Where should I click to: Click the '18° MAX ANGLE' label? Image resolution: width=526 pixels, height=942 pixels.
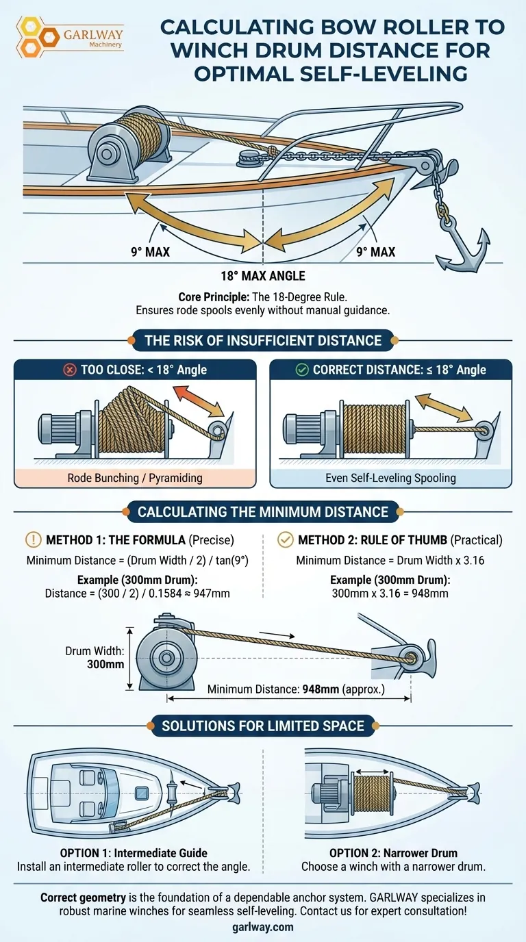pos(263,277)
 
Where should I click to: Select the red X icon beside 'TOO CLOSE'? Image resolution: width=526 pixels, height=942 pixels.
pos(69,370)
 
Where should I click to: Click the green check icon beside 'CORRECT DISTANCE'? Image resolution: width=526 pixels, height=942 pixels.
pos(302,370)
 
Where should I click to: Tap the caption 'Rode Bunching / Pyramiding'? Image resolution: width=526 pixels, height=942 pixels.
pos(135,478)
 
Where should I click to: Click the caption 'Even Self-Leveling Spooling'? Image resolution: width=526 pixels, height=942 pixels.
pos(390,478)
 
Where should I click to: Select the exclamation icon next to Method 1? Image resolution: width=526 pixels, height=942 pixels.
pos(34,539)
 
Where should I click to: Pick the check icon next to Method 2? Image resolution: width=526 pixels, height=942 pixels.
pos(286,539)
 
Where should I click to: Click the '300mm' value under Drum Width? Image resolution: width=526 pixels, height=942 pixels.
pos(105,665)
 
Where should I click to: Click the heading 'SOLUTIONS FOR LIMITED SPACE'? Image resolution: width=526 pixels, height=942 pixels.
pos(263,726)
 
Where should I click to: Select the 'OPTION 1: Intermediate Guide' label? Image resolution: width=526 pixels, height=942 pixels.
pos(134,853)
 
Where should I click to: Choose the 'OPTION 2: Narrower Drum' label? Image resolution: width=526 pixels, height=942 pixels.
pos(393,853)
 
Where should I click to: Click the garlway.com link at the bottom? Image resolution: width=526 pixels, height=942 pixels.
pos(263,927)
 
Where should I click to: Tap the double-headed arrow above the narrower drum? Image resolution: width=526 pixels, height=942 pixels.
pos(372,772)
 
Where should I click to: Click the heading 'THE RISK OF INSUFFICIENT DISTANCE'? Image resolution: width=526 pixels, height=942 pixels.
pos(263,340)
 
